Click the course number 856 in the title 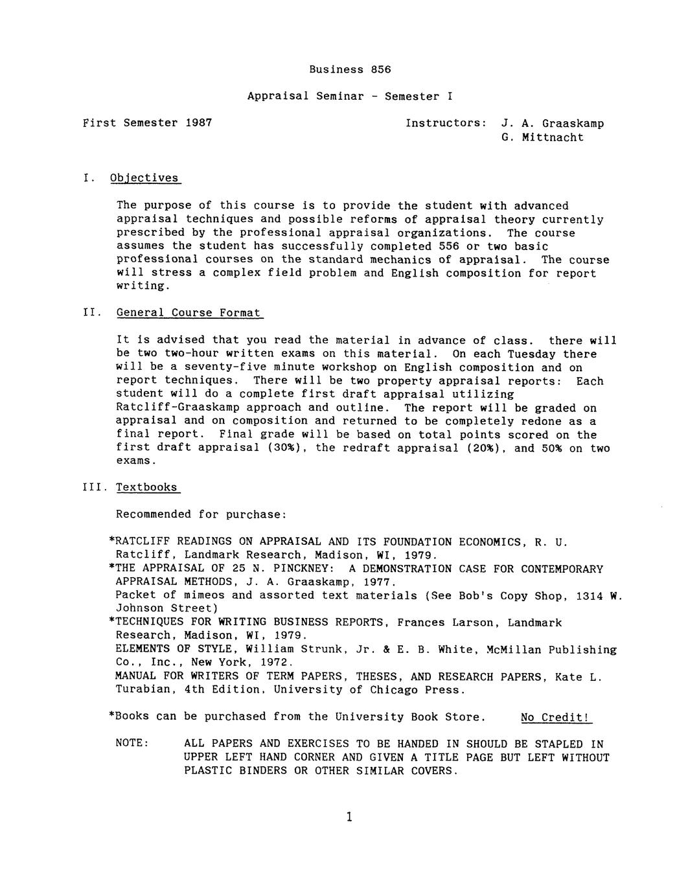pyautogui.click(x=381, y=69)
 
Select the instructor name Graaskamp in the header pyautogui.click(x=573, y=123)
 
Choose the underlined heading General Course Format pyautogui.click(x=189, y=313)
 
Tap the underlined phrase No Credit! pyautogui.click(x=556, y=717)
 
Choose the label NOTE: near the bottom pyautogui.click(x=132, y=742)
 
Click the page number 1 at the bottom pyautogui.click(x=349, y=817)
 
